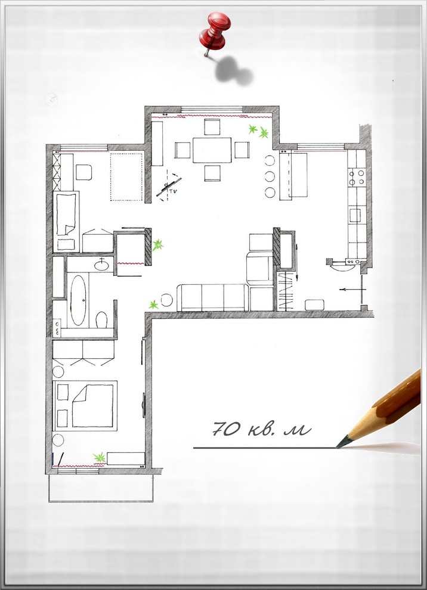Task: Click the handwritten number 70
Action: point(226,428)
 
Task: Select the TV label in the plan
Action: point(173,191)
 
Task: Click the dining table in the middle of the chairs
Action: point(212,150)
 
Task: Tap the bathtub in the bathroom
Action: point(78,300)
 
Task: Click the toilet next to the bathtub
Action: point(101,320)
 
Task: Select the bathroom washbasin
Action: point(101,265)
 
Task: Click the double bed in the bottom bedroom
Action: point(92,405)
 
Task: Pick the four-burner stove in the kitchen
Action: point(357,177)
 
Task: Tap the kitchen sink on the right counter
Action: point(355,216)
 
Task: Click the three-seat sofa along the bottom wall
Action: point(213,297)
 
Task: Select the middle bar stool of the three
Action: point(270,176)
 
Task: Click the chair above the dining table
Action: point(212,127)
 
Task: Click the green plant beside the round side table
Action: point(153,305)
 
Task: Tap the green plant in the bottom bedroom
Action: point(100,458)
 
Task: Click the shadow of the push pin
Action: point(233,70)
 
